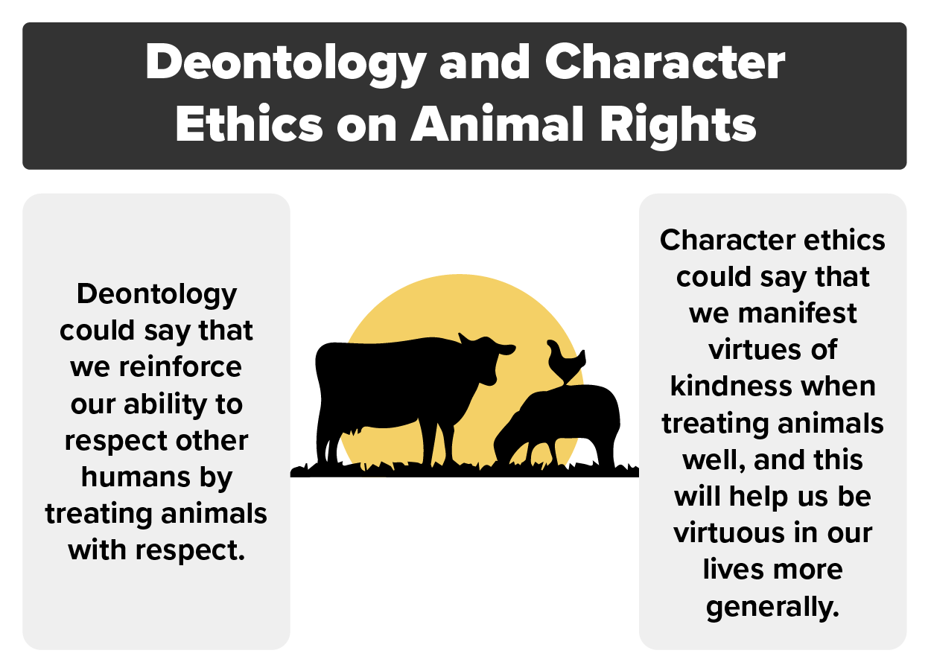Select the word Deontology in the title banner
284,63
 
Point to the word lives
731,569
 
